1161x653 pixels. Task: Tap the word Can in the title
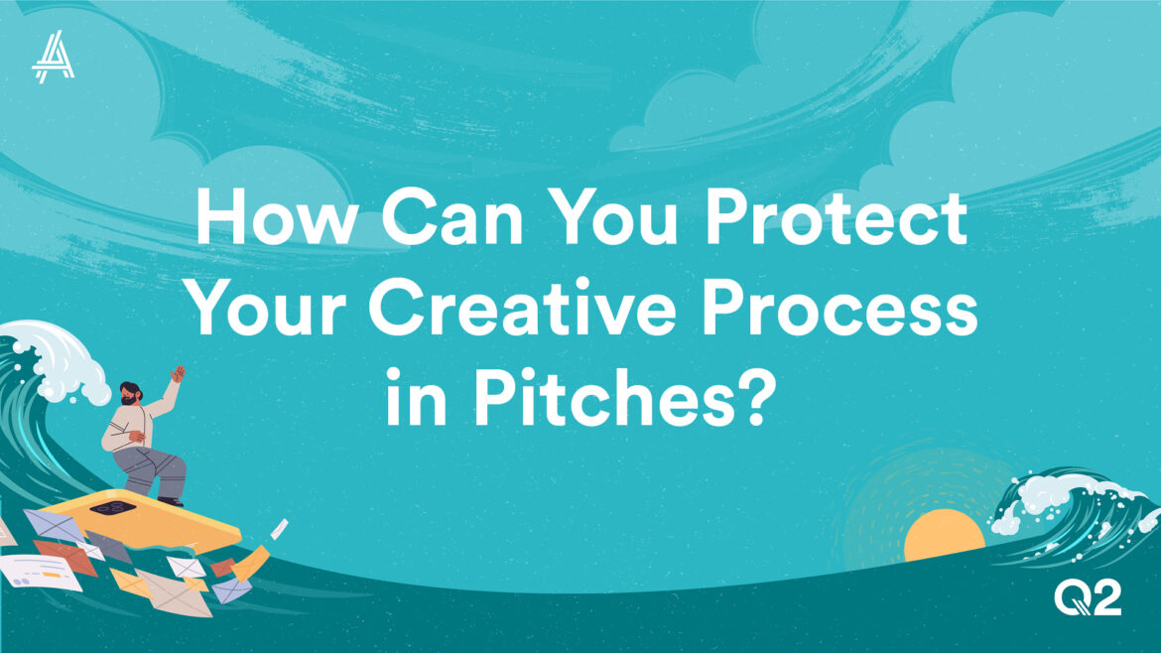[x=452, y=217]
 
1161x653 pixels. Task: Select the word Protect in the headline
[x=836, y=217]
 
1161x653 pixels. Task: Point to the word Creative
[x=522, y=308]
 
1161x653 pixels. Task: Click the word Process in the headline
[x=839, y=308]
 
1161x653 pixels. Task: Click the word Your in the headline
[x=268, y=308]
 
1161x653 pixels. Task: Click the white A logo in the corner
[x=54, y=57]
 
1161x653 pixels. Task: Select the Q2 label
[x=1088, y=597]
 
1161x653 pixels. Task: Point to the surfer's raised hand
[x=178, y=374]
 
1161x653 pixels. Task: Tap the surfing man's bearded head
[x=130, y=393]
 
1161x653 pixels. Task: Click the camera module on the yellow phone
[x=112, y=508]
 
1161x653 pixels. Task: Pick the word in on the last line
[x=417, y=397]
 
